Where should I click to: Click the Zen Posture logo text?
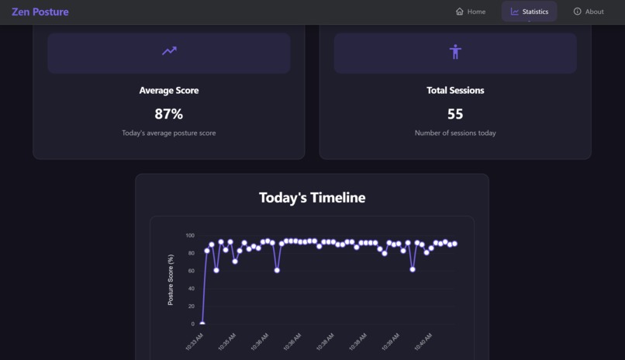coord(40,12)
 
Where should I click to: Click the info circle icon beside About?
coord(577,12)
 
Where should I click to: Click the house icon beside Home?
coord(460,12)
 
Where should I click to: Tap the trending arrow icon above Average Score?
coord(169,51)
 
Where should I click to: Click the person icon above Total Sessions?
coord(455,52)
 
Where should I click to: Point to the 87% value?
coord(169,114)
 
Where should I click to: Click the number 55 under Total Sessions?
coord(455,114)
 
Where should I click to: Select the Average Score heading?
coord(169,91)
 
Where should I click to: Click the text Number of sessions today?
coord(455,133)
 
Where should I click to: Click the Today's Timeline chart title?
coord(312,198)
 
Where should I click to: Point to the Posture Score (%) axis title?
coord(171,279)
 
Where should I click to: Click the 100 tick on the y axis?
coord(190,235)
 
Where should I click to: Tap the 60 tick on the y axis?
coord(192,271)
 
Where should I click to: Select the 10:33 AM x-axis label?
coord(195,341)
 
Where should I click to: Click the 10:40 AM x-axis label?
coord(423,341)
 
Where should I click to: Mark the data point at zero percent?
coord(202,324)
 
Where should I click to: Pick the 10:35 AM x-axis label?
coord(227,341)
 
